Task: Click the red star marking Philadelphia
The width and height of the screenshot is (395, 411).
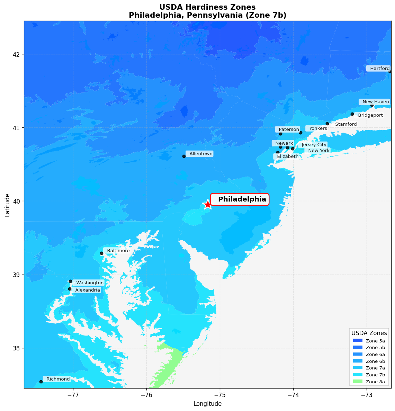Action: pos(208,204)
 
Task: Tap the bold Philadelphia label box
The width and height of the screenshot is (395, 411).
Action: pos(240,199)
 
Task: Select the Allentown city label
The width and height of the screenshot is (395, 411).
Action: pos(200,154)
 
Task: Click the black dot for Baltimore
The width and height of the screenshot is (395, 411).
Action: pos(101,253)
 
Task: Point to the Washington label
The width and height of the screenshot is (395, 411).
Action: pos(89,283)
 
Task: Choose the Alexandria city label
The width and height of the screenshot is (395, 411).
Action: pos(87,290)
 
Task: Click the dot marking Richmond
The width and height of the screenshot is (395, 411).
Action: pos(41,382)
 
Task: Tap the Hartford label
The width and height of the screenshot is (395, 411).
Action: pos(378,69)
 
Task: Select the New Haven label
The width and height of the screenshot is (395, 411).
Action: pos(375,102)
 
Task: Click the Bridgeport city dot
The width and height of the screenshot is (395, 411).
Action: pos(352,114)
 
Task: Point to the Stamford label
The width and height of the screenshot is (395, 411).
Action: pos(345,124)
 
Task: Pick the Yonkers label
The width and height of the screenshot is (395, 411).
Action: pos(317,128)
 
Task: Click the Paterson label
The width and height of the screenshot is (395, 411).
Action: pos(288,129)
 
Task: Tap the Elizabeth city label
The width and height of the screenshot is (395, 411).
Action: pos(287,157)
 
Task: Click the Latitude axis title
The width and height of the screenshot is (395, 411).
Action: pos(8,205)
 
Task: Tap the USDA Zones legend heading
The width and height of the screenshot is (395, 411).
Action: pos(369,333)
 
